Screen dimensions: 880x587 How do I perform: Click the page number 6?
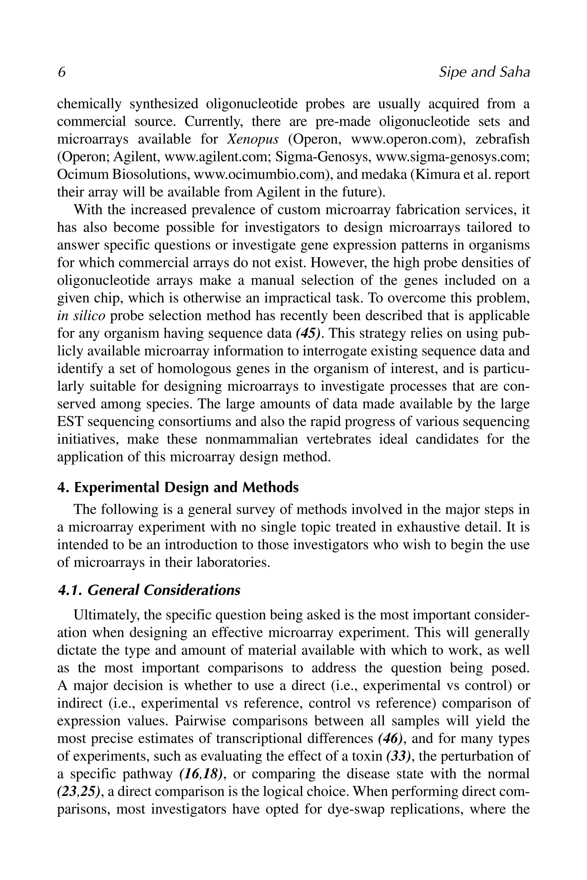coord(62,72)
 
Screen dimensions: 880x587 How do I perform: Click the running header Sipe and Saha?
coord(484,72)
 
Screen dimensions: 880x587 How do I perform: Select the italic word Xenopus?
coord(253,139)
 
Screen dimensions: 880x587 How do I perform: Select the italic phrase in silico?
coord(81,316)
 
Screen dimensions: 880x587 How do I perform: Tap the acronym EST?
coord(70,422)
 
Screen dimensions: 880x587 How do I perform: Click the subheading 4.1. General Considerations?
coord(149,590)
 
